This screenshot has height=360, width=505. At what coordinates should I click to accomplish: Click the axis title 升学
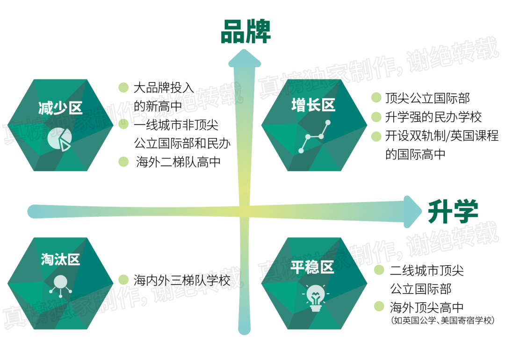point(453,211)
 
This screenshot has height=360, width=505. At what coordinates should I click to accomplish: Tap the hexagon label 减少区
point(60,108)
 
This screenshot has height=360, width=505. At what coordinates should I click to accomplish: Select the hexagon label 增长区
point(313,105)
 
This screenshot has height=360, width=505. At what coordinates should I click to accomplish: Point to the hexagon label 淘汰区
point(60,260)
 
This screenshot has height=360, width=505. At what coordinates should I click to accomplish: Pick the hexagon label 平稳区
point(312,267)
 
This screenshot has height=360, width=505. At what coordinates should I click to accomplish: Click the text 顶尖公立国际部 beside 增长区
point(427,98)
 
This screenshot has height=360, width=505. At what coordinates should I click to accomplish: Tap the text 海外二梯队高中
point(178,162)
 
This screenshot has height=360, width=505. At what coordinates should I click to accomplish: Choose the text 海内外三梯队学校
point(182,281)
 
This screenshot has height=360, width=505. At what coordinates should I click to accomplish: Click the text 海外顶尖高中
point(426,307)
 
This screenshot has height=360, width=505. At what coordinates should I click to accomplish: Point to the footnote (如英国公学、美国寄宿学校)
point(442,321)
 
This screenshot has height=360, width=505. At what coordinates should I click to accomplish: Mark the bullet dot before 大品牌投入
point(123,87)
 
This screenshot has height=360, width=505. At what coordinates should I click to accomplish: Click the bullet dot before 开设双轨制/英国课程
point(376,136)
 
